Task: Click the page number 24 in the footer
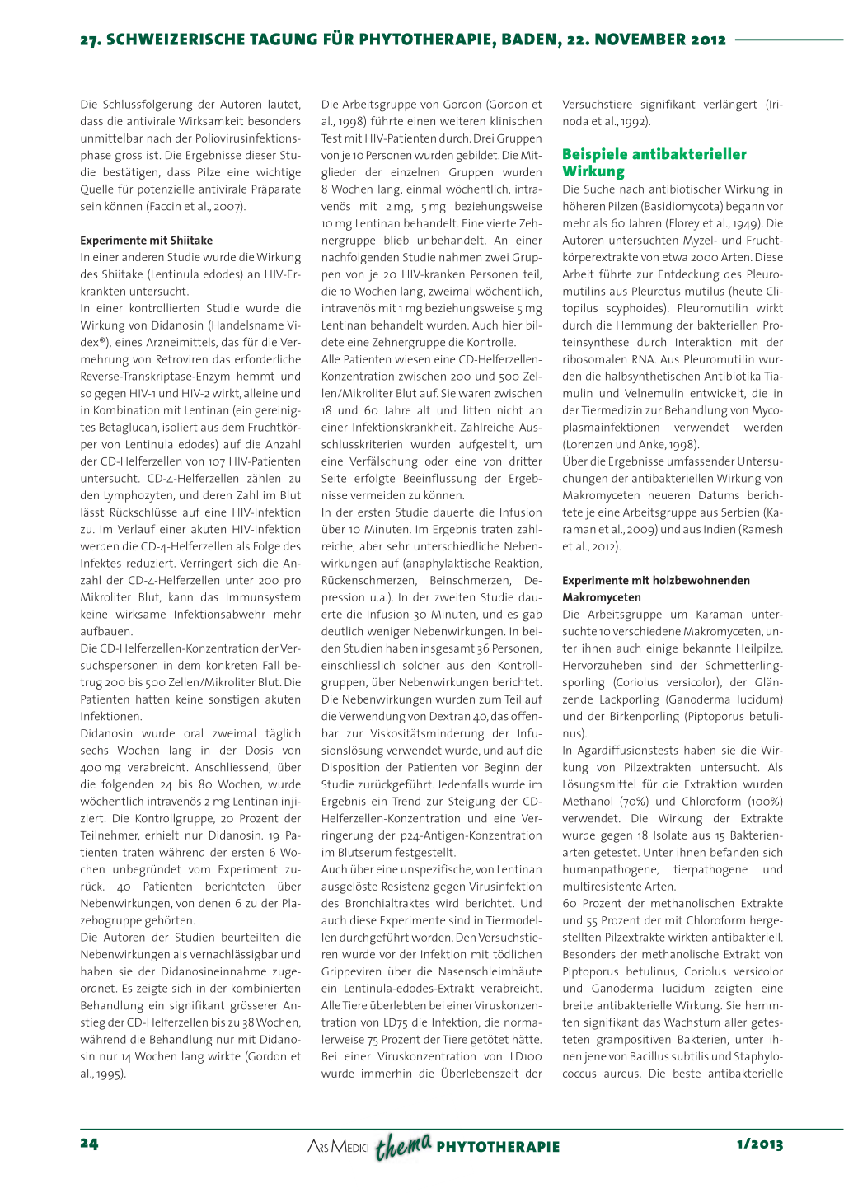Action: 89,1144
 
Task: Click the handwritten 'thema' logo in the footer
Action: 403,1145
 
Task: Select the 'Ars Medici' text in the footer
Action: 338,1146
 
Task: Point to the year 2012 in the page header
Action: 709,40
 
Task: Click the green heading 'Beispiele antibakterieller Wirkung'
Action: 654,162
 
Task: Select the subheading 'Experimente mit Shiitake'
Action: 146,241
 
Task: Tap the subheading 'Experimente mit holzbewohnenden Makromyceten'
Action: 655,589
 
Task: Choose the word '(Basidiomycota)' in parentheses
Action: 699,207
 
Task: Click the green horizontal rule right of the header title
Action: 788,39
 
